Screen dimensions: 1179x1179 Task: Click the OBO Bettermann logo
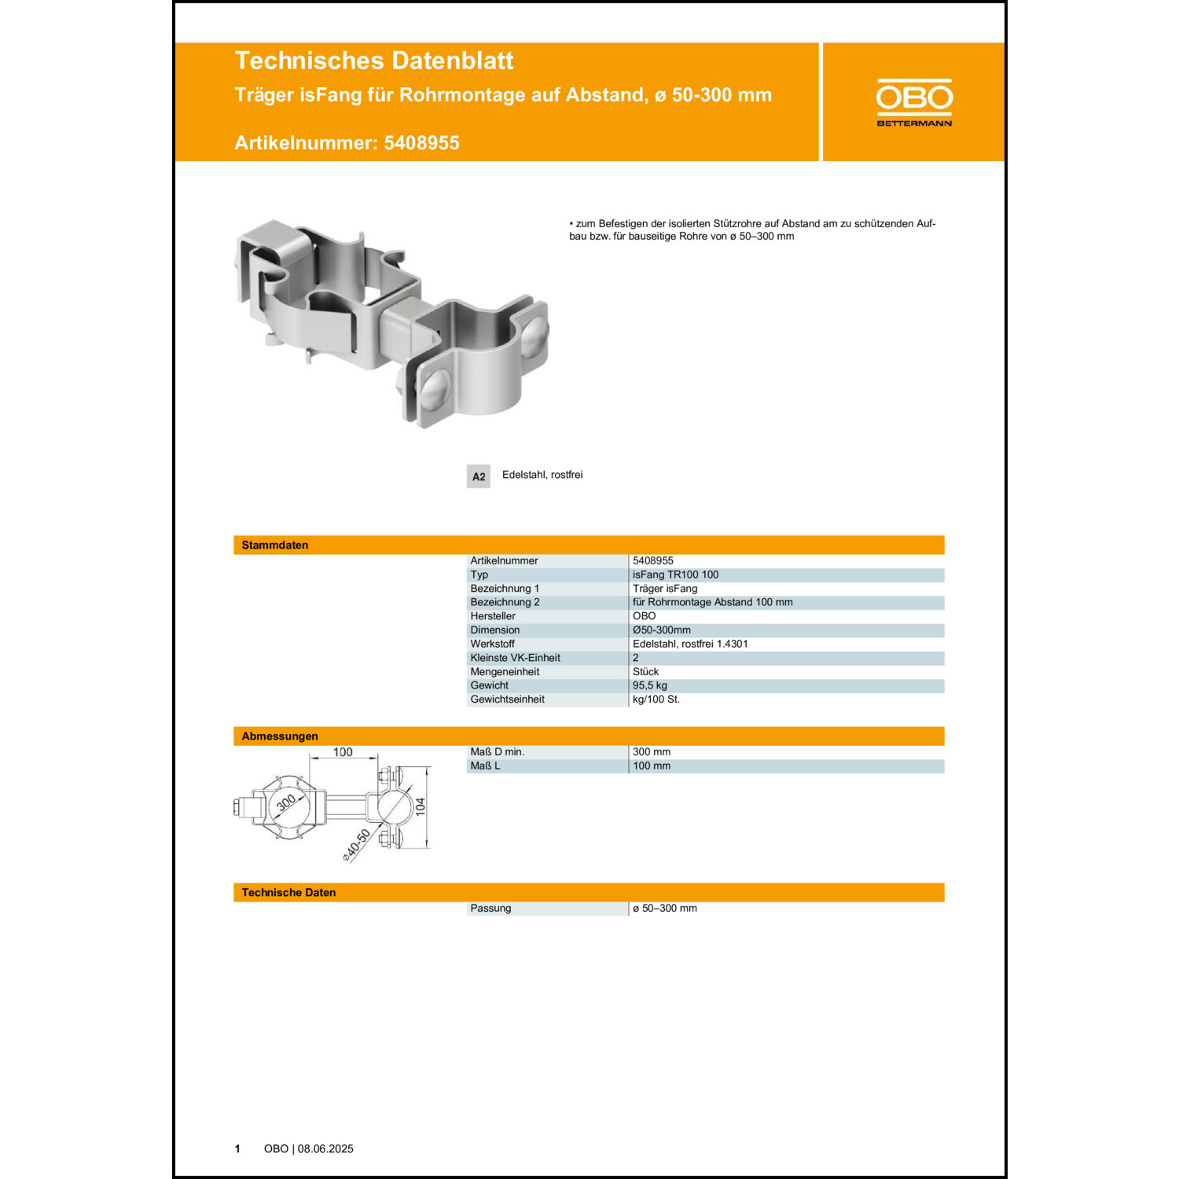(913, 102)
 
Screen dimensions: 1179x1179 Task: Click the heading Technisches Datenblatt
(373, 61)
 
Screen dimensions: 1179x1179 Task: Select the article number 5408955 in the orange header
(421, 143)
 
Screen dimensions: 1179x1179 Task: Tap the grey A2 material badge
(478, 476)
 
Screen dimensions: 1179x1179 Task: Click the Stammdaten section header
(275, 545)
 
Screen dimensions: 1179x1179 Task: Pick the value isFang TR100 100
(675, 575)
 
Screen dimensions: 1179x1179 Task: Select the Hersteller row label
(493, 616)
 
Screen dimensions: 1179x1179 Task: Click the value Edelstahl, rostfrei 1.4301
(690, 644)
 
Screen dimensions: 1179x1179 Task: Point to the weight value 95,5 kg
(649, 685)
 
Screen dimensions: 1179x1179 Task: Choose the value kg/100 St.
(656, 700)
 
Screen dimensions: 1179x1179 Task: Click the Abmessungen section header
(280, 736)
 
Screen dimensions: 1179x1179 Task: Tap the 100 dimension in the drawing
(343, 752)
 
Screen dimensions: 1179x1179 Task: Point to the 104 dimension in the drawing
(421, 806)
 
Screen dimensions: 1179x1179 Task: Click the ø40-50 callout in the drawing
(357, 845)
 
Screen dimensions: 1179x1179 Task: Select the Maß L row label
(485, 766)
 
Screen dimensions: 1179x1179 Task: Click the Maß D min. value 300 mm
(652, 752)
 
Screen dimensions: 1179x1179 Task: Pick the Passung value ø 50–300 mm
(665, 909)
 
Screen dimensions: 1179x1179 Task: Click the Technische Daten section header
(288, 893)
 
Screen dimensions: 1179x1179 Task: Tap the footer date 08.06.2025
(325, 1149)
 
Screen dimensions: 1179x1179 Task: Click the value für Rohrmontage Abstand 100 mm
(712, 602)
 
